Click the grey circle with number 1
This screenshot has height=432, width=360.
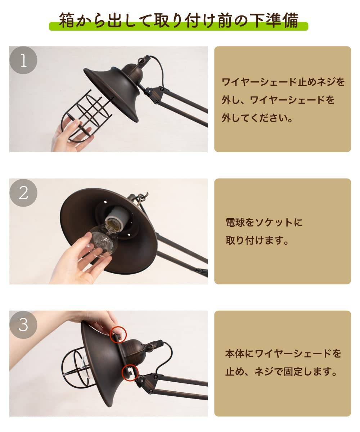[23, 60]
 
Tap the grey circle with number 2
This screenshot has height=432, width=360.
[23, 193]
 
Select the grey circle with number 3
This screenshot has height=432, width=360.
[23, 325]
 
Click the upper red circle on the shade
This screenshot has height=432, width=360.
[118, 335]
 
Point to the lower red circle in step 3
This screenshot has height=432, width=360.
[130, 373]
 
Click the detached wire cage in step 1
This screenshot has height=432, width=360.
[87, 116]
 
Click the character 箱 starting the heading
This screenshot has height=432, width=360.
[67, 20]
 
